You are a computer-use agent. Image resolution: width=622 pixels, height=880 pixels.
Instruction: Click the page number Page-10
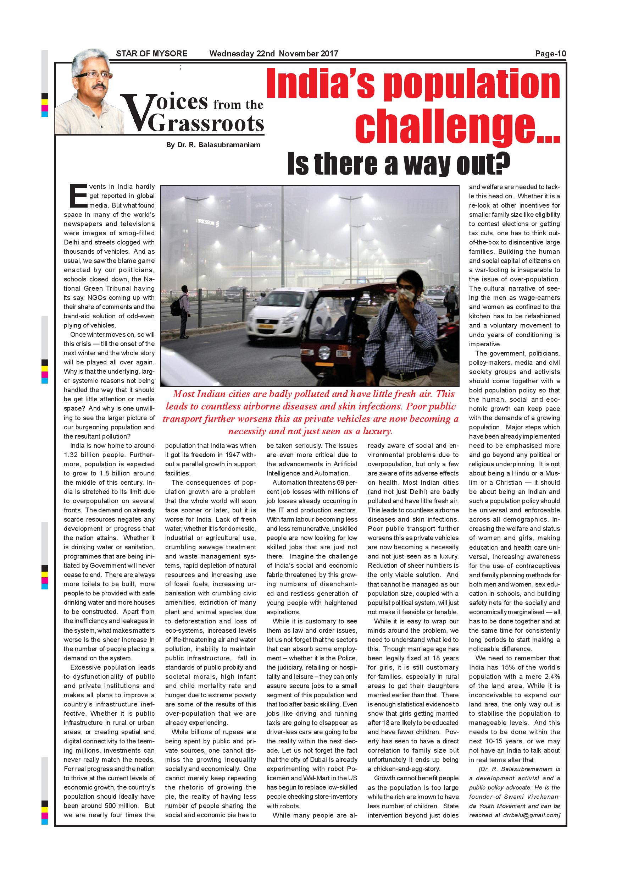[550, 54]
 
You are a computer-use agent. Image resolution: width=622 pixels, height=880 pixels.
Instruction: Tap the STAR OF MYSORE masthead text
[152, 54]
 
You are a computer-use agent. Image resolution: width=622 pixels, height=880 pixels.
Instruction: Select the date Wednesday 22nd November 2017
[273, 54]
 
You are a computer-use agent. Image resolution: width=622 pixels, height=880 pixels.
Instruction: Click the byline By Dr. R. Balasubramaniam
[213, 145]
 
